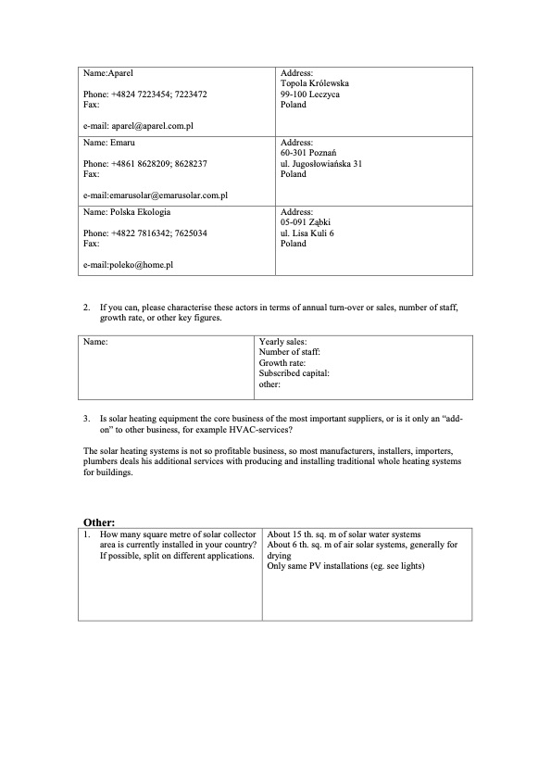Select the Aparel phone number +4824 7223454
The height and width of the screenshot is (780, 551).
(140, 94)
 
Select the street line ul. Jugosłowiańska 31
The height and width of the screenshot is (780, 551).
(320, 163)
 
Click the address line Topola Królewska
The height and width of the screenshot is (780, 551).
(315, 83)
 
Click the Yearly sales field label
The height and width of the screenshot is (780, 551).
(283, 342)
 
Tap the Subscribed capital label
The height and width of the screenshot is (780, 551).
(294, 372)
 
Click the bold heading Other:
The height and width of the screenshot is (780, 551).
(99, 522)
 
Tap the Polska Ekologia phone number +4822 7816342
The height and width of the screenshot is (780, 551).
(140, 233)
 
